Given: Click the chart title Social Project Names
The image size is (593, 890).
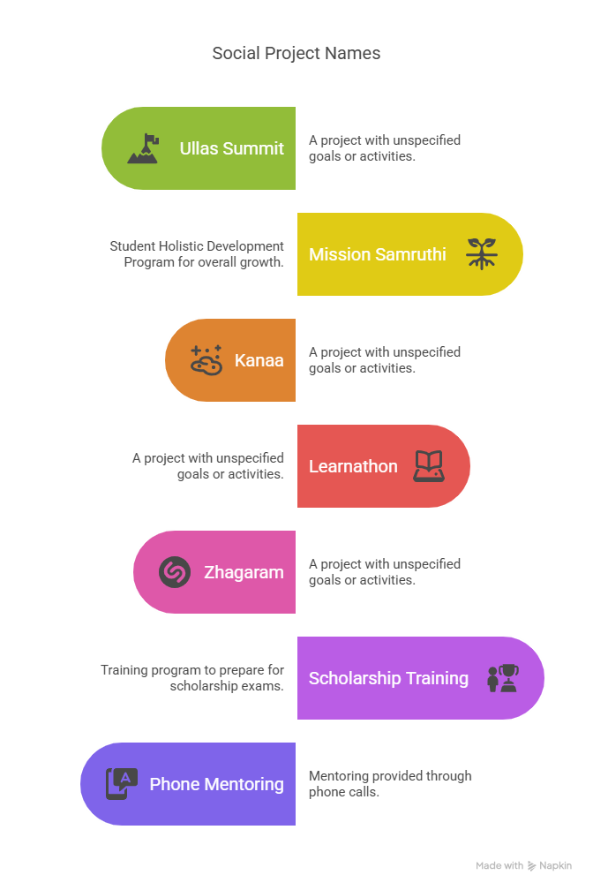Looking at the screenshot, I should pyautogui.click(x=296, y=53).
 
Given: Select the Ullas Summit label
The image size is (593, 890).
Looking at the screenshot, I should pyautogui.click(x=232, y=148).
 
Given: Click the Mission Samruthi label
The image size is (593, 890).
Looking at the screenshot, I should pyautogui.click(x=377, y=254).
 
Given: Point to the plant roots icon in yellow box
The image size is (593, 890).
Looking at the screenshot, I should pyautogui.click(x=482, y=254).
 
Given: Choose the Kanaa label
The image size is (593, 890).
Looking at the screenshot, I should pyautogui.click(x=259, y=360).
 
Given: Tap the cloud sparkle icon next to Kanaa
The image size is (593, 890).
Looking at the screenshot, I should pyautogui.click(x=206, y=360).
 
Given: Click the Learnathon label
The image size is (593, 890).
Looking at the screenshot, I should pyautogui.click(x=353, y=466).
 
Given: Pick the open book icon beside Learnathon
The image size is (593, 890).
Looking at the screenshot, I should pyautogui.click(x=429, y=466).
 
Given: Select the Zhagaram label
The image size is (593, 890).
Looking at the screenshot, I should pyautogui.click(x=244, y=572).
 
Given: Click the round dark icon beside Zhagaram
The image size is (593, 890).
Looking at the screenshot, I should pyautogui.click(x=175, y=572).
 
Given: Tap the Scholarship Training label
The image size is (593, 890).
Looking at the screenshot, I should pyautogui.click(x=388, y=678).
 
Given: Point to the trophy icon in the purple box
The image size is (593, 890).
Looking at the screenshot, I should pyautogui.click(x=503, y=678).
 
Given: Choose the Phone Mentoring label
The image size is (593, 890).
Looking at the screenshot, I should pyautogui.click(x=216, y=784).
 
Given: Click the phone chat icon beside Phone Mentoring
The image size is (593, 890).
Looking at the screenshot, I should pyautogui.click(x=122, y=784).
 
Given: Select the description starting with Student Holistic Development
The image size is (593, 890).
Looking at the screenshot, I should pyautogui.click(x=197, y=254).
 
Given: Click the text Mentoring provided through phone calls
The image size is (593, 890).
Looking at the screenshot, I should pyautogui.click(x=390, y=784).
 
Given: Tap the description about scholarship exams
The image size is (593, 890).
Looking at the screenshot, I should pyautogui.click(x=191, y=678).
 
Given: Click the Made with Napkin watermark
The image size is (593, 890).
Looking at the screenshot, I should pyautogui.click(x=523, y=866).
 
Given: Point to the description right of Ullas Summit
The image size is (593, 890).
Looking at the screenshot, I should pyautogui.click(x=385, y=148).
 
